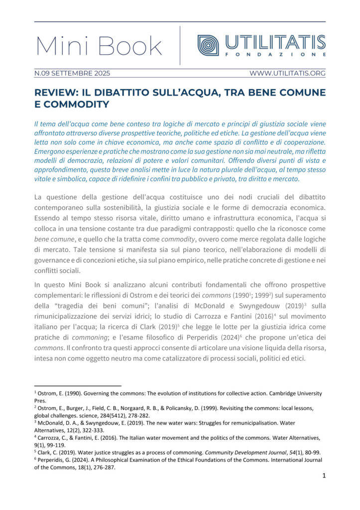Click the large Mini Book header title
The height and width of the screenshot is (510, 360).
click(x=99, y=46)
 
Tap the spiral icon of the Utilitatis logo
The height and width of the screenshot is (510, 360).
click(x=208, y=45)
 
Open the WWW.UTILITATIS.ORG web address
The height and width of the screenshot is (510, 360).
click(x=287, y=73)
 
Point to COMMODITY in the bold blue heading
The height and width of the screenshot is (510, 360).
click(x=78, y=105)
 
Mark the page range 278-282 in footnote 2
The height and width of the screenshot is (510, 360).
click(x=142, y=415)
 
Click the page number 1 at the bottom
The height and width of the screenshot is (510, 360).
click(x=324, y=476)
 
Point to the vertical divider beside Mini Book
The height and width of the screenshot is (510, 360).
click(x=180, y=45)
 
